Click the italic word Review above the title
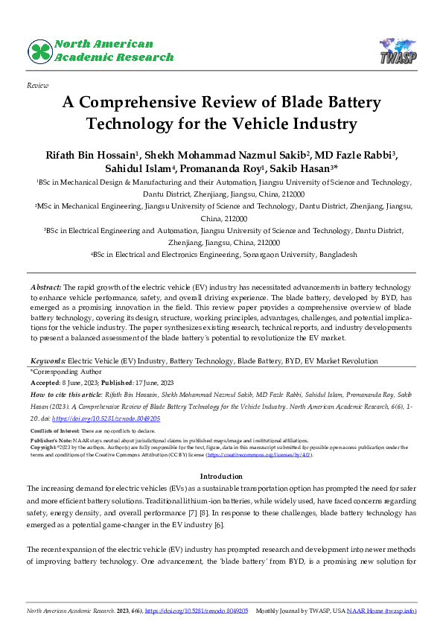(x=37, y=86)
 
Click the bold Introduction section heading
(x=221, y=455)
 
